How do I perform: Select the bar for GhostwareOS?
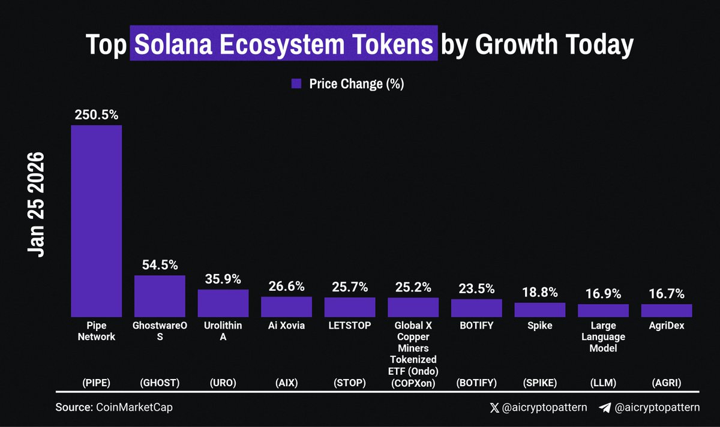(x=160, y=296)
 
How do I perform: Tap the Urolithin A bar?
(x=223, y=303)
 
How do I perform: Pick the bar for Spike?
(x=540, y=309)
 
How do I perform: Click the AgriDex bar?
(x=667, y=310)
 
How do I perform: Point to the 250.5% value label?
(x=96, y=115)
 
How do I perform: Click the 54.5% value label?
(x=160, y=264)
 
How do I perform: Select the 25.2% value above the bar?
(x=413, y=287)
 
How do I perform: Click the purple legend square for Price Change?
(x=296, y=84)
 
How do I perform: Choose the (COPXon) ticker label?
(x=413, y=383)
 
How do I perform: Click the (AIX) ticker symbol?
(x=286, y=383)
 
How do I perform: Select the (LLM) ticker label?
(x=603, y=383)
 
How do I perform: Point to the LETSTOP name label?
(x=350, y=326)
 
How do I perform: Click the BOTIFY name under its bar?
(x=476, y=326)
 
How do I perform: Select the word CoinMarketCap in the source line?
(x=130, y=407)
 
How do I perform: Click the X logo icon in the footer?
(x=494, y=408)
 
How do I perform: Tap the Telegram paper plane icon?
(x=605, y=408)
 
